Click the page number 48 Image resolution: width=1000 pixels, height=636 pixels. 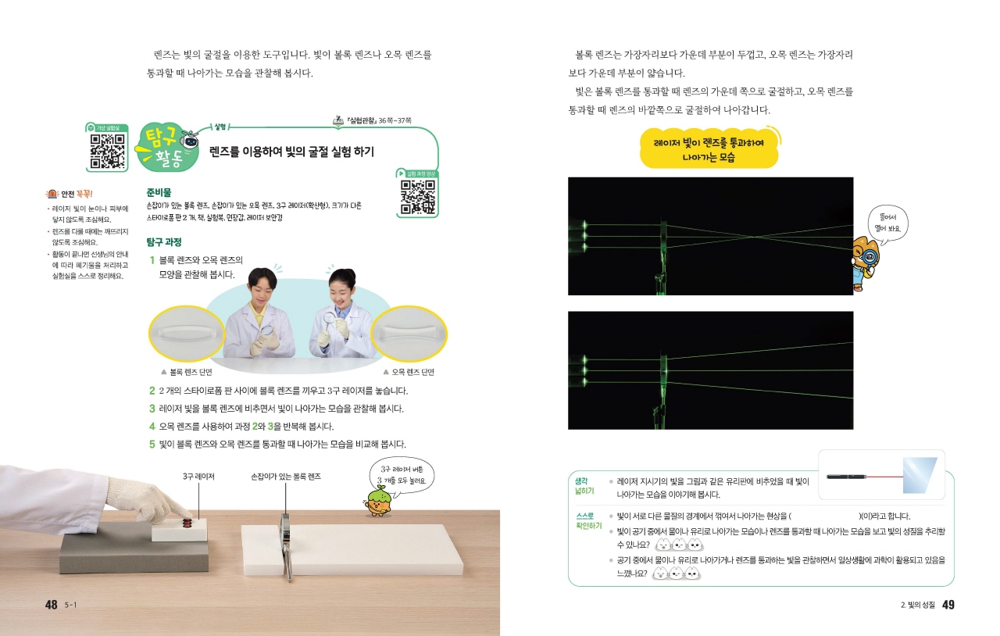(52, 605)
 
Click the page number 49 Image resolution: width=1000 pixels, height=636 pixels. (948, 605)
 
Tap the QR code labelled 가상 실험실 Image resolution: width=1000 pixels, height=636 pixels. (107, 152)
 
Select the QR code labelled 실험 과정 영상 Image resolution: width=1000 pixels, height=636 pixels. (417, 197)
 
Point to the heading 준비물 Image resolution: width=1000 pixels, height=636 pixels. (159, 192)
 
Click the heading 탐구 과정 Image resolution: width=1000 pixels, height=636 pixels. (164, 242)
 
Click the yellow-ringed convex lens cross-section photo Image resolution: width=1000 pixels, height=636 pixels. (187, 334)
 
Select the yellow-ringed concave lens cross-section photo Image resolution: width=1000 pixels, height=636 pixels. (409, 334)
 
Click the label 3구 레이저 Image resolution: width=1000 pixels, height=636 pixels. (198, 477)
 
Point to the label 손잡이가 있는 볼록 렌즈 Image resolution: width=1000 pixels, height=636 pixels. (286, 477)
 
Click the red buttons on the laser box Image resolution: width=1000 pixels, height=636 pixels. (187, 523)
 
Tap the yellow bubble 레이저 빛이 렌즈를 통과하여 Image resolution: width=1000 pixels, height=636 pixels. (709, 149)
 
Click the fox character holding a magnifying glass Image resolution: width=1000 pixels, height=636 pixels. (866, 263)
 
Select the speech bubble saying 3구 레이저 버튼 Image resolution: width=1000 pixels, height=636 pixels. (402, 476)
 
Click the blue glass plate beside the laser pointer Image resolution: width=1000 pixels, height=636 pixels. (920, 475)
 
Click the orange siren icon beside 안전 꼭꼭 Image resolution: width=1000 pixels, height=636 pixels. (52, 194)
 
